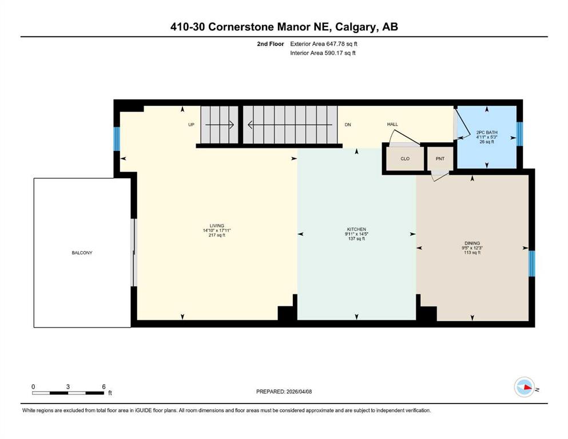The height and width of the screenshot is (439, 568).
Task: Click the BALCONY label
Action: pos(82,253)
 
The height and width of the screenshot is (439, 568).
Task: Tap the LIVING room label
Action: pos(217,226)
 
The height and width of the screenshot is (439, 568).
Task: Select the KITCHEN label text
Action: pos(356,229)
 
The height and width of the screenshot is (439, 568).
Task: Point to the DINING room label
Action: pos(472,243)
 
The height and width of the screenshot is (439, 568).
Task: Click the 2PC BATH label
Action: pos(487,133)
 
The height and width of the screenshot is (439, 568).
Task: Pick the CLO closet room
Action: pos(405,159)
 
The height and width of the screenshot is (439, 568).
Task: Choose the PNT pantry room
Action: pos(440,159)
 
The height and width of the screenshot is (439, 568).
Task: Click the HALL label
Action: pos(392,124)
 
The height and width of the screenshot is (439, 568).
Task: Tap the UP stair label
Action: pos(191,125)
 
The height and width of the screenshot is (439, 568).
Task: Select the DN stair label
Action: pos(348,125)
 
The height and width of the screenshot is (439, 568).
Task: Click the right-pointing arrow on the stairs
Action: pos(220,125)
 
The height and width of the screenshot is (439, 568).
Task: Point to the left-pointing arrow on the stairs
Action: pos(290,125)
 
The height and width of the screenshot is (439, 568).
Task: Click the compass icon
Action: pos(525,387)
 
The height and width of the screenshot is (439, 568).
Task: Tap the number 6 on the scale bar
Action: pos(104,386)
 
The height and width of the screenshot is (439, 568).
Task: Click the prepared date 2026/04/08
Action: pos(299,392)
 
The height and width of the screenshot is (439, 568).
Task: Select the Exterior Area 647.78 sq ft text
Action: pos(324,44)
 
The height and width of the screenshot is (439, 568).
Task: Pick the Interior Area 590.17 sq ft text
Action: pos(323,53)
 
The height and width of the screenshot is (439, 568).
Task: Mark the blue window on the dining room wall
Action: pos(531,264)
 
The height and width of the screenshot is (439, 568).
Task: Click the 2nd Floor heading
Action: pos(270,44)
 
